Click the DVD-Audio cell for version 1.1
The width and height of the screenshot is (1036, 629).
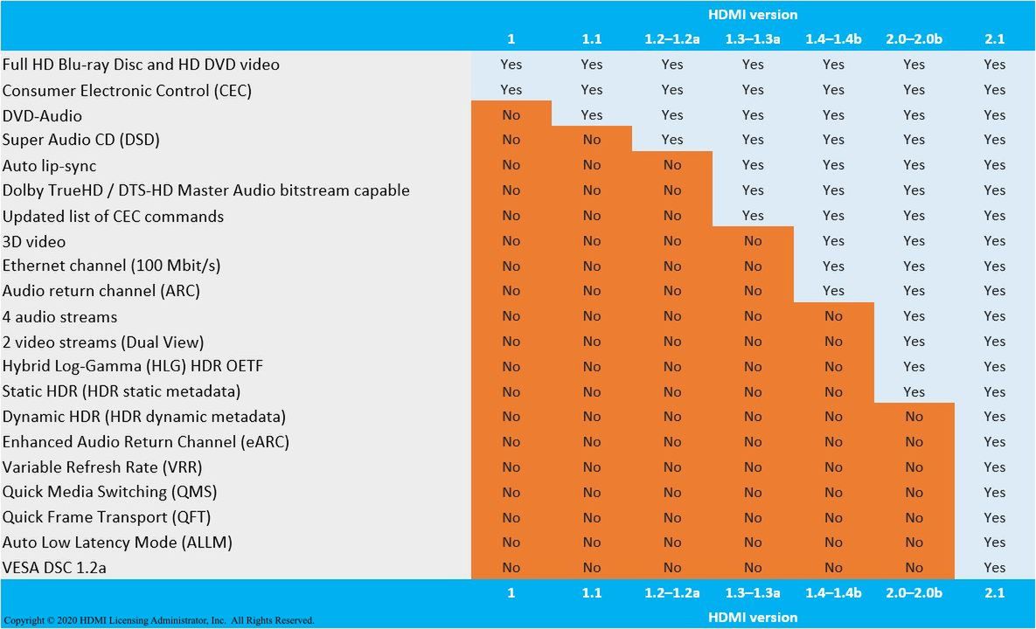click(592, 114)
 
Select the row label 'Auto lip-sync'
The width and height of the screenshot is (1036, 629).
click(49, 165)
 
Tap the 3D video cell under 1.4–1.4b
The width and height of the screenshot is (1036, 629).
click(833, 241)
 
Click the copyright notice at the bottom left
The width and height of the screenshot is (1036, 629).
click(158, 620)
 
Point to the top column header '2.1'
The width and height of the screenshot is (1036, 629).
click(994, 38)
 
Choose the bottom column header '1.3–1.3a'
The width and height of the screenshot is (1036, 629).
click(753, 592)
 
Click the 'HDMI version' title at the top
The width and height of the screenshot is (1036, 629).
click(753, 14)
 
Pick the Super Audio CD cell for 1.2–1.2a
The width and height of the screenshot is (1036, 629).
click(672, 140)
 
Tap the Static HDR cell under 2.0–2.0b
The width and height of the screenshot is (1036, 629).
click(914, 391)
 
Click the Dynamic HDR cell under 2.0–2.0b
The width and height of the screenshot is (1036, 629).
click(914, 417)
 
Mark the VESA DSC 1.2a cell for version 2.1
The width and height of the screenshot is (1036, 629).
click(994, 567)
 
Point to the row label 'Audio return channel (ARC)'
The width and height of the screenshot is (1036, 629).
click(101, 291)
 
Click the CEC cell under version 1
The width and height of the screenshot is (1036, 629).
click(511, 89)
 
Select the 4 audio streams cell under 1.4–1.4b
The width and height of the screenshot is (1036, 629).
click(833, 316)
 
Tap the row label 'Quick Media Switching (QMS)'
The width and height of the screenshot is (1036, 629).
click(109, 492)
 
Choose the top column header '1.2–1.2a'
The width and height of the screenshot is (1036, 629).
click(672, 38)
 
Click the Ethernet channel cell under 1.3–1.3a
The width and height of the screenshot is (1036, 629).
click(753, 266)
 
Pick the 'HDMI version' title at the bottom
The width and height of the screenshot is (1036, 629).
click(753, 617)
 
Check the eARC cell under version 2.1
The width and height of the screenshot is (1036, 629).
click(994, 441)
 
